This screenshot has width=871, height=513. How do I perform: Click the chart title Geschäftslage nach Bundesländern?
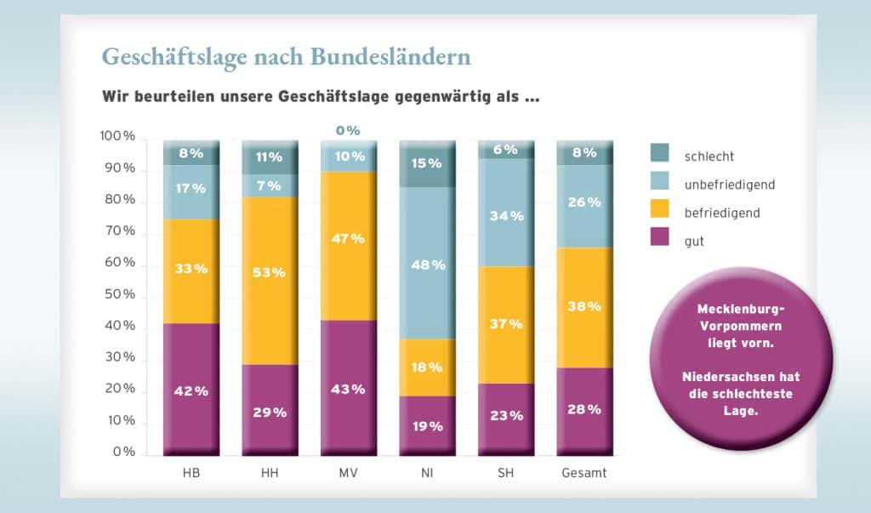(x=286, y=56)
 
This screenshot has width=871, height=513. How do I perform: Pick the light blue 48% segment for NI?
(x=427, y=264)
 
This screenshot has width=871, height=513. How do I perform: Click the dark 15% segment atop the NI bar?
(x=427, y=163)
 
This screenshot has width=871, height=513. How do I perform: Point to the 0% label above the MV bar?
(x=348, y=130)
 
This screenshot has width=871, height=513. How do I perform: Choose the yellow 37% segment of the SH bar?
(x=505, y=324)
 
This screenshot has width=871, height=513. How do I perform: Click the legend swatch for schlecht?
(x=660, y=153)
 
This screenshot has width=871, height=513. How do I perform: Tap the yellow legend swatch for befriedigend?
(x=660, y=213)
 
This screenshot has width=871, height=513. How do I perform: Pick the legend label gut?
(x=694, y=242)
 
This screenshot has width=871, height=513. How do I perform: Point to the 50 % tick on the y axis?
(x=117, y=294)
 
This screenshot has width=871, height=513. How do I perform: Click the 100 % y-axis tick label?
(x=117, y=136)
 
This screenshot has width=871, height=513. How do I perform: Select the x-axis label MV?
(x=348, y=473)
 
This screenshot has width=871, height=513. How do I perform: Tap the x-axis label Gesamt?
(x=584, y=473)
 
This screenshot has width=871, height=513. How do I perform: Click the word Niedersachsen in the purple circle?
(x=741, y=376)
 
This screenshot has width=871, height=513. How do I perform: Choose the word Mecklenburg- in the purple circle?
(x=741, y=308)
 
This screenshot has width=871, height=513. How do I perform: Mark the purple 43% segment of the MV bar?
(x=348, y=388)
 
